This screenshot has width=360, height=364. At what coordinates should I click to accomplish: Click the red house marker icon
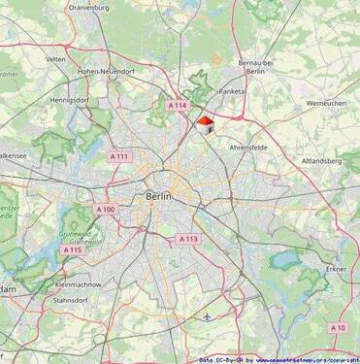[205, 123]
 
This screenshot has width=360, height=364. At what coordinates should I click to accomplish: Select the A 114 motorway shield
[176, 105]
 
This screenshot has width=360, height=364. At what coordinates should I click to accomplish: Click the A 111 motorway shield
[118, 155]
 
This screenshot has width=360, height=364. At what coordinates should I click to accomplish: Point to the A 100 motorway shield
[105, 209]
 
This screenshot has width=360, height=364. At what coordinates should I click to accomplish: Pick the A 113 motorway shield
[188, 239]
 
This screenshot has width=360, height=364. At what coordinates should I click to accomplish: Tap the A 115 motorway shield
[73, 249]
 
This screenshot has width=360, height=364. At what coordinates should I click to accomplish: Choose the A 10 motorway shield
[338, 328]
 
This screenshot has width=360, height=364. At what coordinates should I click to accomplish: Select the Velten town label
[55, 59]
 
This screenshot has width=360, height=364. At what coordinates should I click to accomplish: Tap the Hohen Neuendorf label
[107, 71]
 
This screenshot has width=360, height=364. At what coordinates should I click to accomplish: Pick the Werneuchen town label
[326, 102]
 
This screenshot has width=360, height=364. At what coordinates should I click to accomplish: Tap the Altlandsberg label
[322, 161]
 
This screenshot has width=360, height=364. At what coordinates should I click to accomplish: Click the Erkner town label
[337, 268]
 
